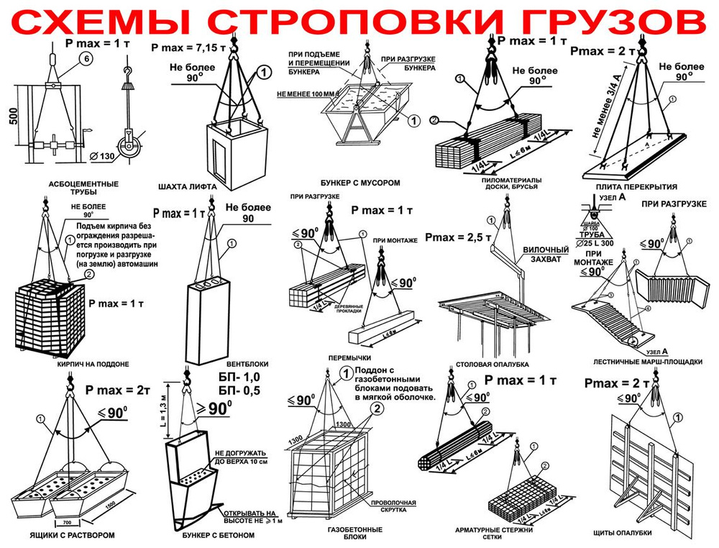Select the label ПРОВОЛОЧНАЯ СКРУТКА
pos(393,507)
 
